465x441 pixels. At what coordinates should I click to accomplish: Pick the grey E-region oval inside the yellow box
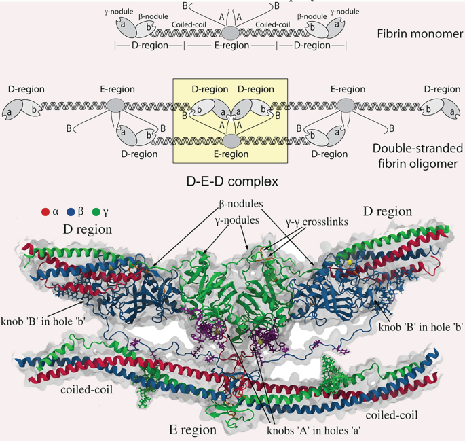[231, 141]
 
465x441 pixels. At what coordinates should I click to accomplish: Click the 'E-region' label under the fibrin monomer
[231, 46]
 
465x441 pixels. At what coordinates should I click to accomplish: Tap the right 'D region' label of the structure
[387, 211]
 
